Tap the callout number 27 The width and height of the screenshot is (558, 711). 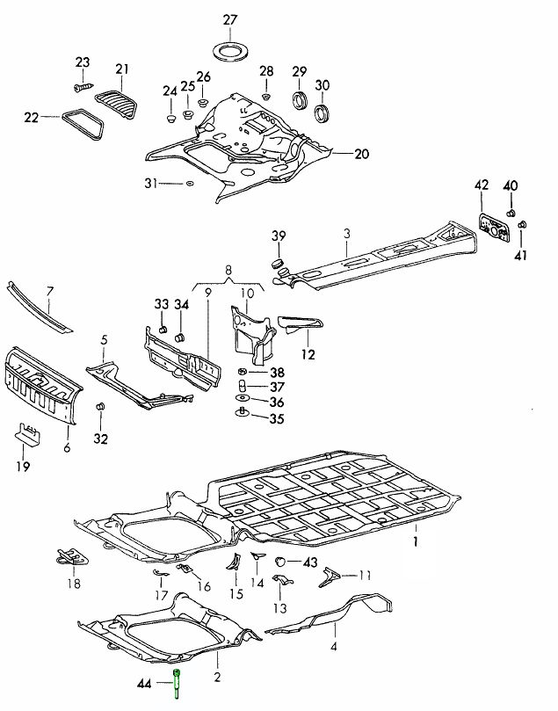click(x=230, y=19)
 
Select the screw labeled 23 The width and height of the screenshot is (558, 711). click(x=80, y=86)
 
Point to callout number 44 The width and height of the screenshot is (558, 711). click(x=144, y=682)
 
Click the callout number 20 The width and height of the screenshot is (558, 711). click(x=362, y=154)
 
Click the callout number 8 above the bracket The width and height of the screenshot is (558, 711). click(x=228, y=272)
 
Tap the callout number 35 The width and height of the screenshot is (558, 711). click(x=277, y=418)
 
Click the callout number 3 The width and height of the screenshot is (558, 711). click(x=347, y=233)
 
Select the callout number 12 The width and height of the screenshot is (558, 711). click(x=308, y=354)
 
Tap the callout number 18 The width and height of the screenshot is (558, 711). click(x=73, y=584)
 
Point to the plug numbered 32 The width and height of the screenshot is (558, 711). click(x=100, y=408)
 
